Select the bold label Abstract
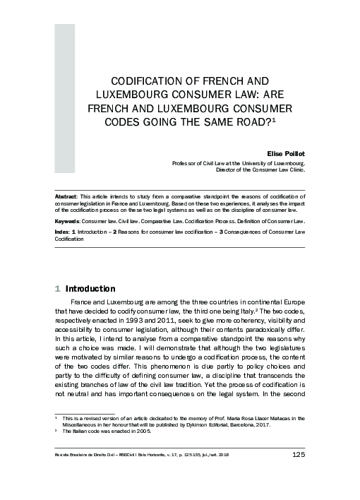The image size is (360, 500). pos(67,193)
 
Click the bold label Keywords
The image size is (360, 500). pos(68,220)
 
